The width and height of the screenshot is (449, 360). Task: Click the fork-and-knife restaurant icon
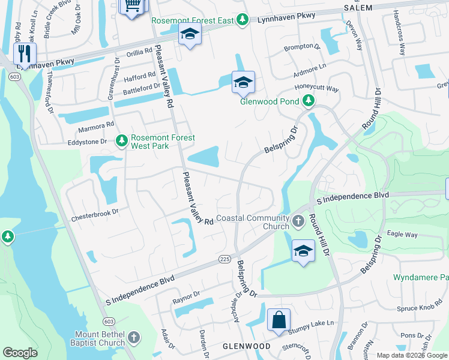click(25, 53)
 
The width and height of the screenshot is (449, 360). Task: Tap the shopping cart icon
click(133, 6)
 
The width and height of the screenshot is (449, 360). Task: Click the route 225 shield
click(224, 259)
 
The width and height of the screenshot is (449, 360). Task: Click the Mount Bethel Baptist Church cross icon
click(133, 338)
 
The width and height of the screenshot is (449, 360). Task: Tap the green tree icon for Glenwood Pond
click(309, 101)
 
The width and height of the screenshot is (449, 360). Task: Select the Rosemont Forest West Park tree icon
click(121, 141)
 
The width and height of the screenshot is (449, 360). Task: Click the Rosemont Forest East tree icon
click(242, 20)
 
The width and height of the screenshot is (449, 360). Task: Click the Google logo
click(20, 353)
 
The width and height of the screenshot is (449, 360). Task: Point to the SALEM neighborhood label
click(358, 7)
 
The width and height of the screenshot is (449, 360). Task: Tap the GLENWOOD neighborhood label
click(247, 346)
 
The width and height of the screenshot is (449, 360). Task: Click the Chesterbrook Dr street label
click(95, 212)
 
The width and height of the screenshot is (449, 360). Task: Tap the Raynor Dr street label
click(185, 296)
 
